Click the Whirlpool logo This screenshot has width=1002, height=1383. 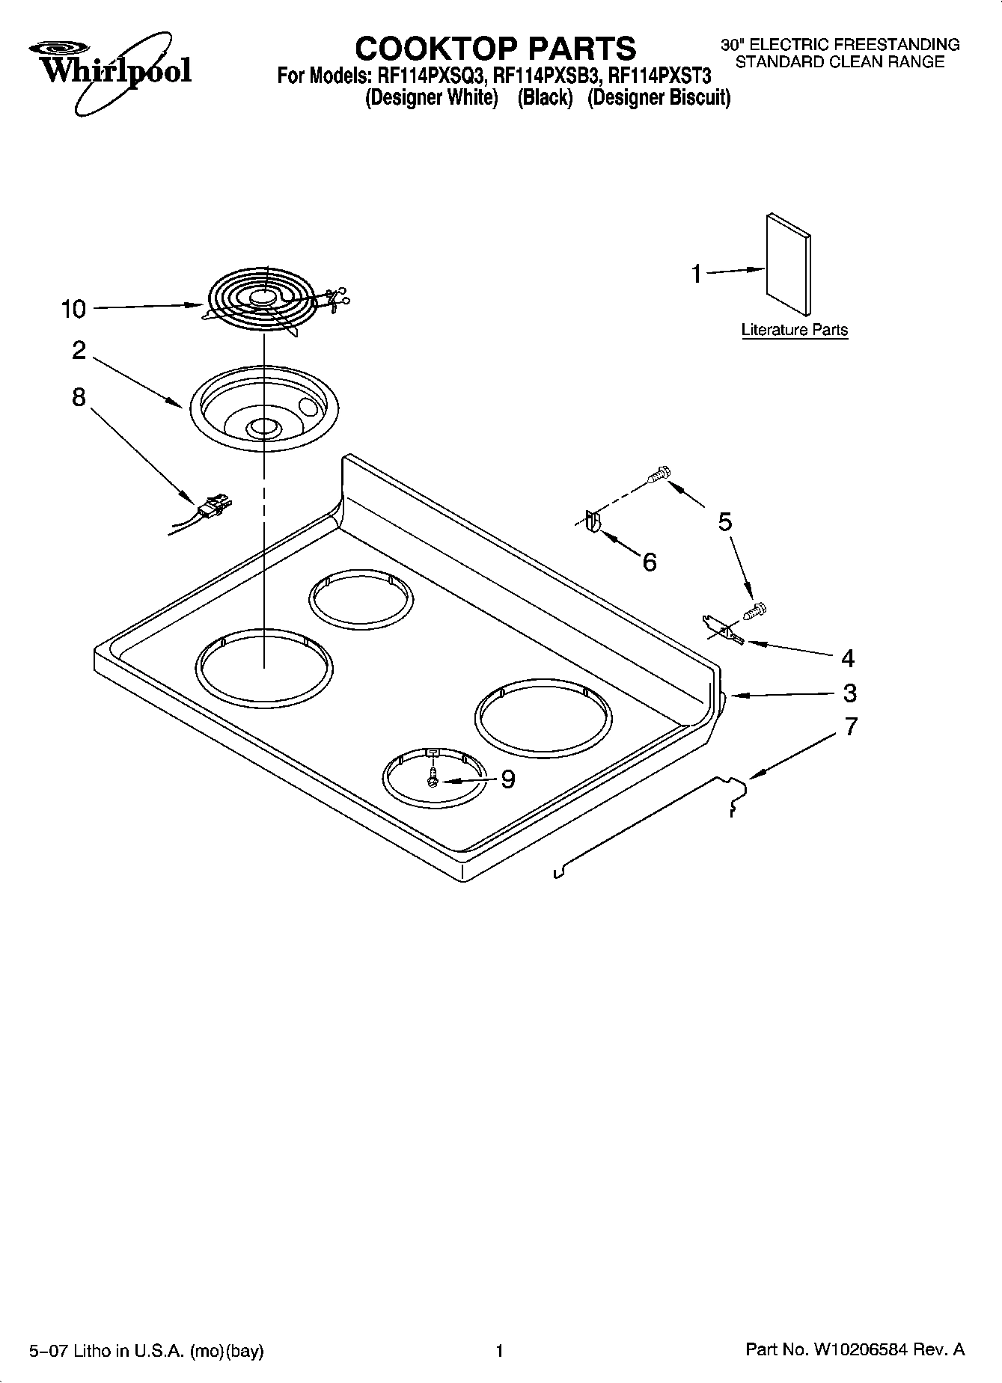[x=111, y=71]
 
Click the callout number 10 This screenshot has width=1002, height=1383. [x=73, y=309]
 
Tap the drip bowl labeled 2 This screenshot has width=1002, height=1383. [x=263, y=409]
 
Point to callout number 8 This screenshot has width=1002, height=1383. [x=79, y=397]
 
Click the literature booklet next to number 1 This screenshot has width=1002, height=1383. [x=788, y=266]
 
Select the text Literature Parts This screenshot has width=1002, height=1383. [x=794, y=330]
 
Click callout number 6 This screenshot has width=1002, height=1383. [x=650, y=562]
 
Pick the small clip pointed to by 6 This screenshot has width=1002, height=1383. [x=592, y=521]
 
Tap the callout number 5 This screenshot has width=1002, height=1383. [x=725, y=521]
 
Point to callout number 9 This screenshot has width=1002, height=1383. [x=508, y=779]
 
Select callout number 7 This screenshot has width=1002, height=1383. [x=851, y=726]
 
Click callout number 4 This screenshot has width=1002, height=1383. [x=848, y=658]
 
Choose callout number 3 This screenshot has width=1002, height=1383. [x=849, y=693]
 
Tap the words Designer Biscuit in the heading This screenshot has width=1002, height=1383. [x=659, y=98]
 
